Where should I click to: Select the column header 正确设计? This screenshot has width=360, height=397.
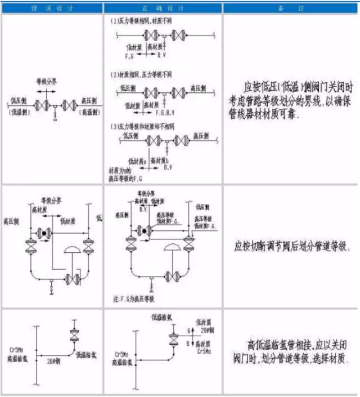click(163, 8)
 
